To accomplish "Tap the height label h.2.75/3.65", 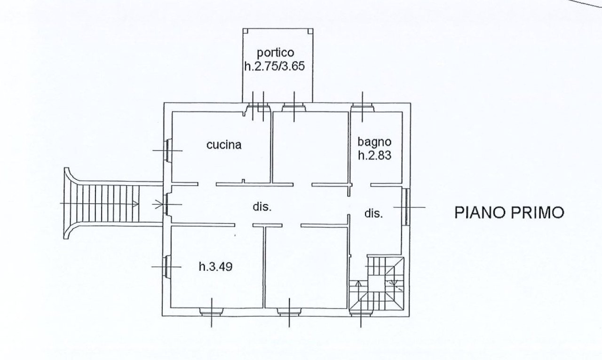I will coord(274,66).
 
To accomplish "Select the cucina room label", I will coord(224,145).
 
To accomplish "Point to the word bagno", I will coord(374,141).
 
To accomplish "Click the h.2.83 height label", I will coord(374,155).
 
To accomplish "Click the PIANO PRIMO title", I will coord(509,212).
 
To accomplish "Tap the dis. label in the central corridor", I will coord(262,206).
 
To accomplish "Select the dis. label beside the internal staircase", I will coord(374,213).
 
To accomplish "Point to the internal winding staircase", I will coord(377,284).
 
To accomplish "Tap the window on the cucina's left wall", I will coord(166,150).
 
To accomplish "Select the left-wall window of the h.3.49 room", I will coord(166,266).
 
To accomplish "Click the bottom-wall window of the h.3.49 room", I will coord(211,311).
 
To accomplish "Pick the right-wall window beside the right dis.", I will coord(406,207).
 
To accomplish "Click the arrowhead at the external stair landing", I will coord(136,204).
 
